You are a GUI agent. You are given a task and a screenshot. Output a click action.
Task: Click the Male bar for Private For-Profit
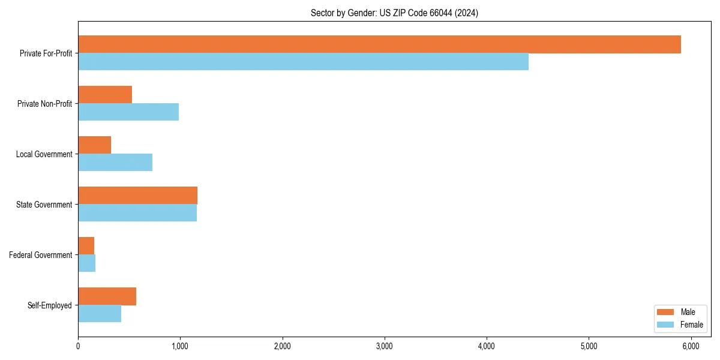tap(379, 44)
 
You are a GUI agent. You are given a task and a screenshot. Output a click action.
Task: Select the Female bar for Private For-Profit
tap(303, 62)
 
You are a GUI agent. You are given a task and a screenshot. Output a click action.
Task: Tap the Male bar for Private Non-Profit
tap(105, 95)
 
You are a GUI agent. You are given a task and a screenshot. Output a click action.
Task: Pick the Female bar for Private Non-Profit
tap(128, 112)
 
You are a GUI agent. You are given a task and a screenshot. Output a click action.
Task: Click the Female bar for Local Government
tap(115, 163)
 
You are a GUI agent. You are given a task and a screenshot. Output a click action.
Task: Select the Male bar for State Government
tap(137, 196)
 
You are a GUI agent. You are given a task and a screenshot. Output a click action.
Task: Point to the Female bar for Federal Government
tap(87, 263)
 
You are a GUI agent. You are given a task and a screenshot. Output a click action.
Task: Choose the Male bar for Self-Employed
tap(107, 296)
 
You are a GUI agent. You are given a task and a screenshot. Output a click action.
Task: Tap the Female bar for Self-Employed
tap(100, 314)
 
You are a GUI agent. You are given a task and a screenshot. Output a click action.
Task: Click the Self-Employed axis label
tap(50, 305)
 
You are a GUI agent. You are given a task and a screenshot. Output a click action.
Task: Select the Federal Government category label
tap(41, 255)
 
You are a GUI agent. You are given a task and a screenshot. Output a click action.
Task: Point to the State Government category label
tap(44, 205)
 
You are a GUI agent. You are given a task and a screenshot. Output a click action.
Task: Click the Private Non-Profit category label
tap(44, 104)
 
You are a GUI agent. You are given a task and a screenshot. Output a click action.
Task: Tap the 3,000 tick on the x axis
tap(384, 346)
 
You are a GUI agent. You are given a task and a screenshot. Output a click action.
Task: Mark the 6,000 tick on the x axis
tap(691, 346)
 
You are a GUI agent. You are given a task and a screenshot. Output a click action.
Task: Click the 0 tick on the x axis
tap(78, 346)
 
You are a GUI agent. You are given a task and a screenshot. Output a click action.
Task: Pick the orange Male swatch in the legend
tap(666, 312)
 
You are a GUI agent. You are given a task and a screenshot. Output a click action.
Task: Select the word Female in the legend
tap(691, 325)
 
